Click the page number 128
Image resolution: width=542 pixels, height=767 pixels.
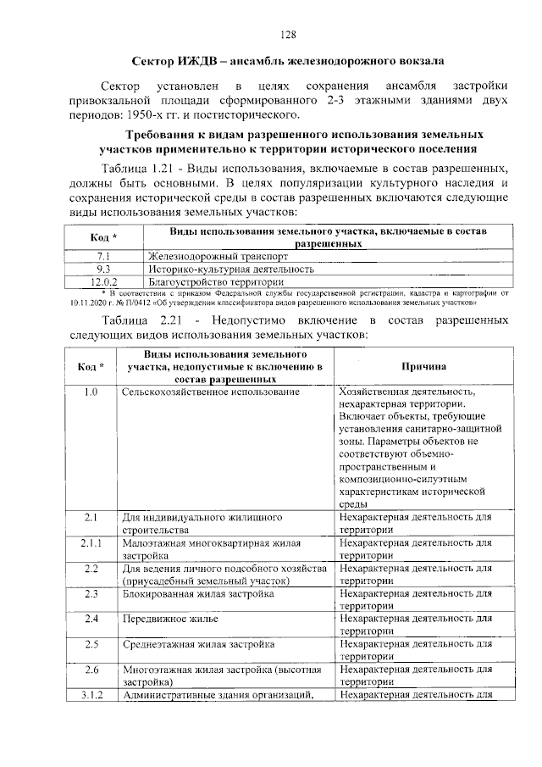(288, 35)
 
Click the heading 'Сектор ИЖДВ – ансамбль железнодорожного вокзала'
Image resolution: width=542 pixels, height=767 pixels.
(288, 62)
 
